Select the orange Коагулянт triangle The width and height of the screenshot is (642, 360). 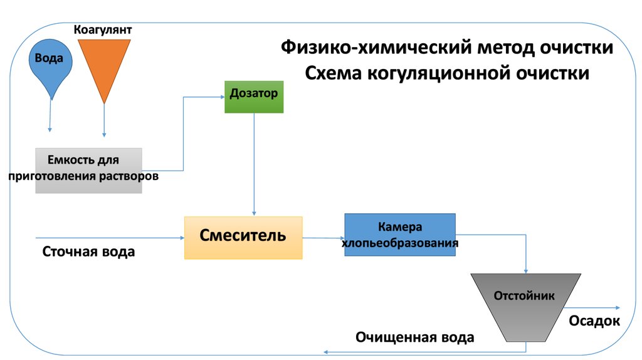pyautogui.click(x=104, y=63)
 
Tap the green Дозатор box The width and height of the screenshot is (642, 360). pyautogui.click(x=254, y=97)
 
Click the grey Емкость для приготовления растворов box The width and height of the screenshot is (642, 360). pyautogui.click(x=88, y=170)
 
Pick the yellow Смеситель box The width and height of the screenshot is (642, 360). pyautogui.click(x=243, y=238)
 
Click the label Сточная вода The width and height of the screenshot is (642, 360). pyautogui.click(x=89, y=252)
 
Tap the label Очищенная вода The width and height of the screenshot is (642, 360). pyautogui.click(x=414, y=337)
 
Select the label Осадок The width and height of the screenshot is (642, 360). pyautogui.click(x=594, y=322)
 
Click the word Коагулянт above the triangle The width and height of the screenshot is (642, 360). pyautogui.click(x=103, y=30)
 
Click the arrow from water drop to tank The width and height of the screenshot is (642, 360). pyautogui.click(x=50, y=116)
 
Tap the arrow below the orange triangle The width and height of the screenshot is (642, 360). pyautogui.click(x=104, y=119)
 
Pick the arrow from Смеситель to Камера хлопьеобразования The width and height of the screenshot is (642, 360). pyautogui.click(x=324, y=238)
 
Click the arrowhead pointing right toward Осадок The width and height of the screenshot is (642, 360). pyautogui.click(x=617, y=307)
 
